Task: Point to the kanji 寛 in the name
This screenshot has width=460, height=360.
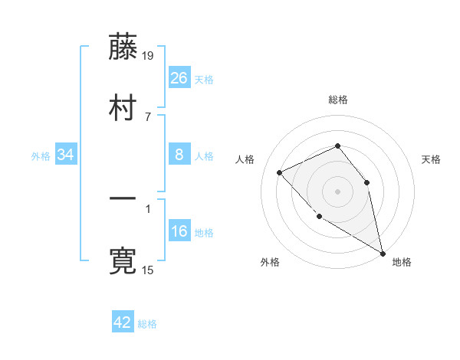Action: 123,260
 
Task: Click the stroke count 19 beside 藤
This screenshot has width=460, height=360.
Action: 149,55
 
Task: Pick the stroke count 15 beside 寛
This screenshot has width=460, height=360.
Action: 149,270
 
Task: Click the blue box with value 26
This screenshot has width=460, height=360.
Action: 179,78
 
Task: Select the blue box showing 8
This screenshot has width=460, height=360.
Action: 179,155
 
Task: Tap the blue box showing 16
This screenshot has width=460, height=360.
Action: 179,231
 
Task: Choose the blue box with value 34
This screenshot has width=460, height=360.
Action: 66,155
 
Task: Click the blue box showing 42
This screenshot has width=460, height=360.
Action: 123,322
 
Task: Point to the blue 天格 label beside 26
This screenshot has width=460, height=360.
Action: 204,80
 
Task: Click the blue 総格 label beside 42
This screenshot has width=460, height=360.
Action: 147,324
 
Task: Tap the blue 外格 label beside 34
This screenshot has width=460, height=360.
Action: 41,156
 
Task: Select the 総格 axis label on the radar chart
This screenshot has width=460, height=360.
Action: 337,100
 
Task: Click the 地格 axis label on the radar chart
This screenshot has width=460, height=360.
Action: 402,262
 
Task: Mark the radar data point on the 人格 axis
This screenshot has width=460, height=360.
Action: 280,172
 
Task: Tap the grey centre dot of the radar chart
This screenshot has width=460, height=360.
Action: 337,191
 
